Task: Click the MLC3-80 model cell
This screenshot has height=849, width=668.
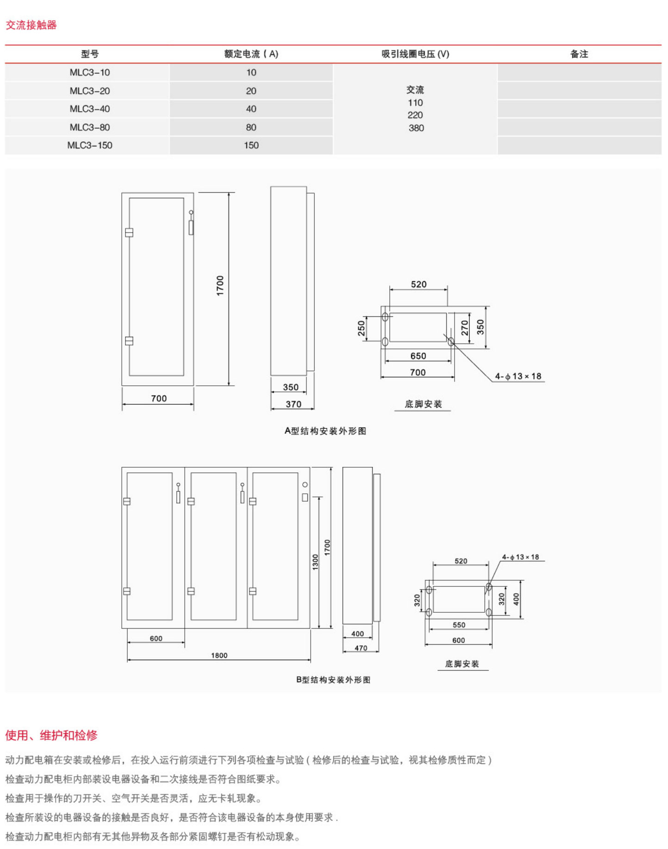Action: click(90, 127)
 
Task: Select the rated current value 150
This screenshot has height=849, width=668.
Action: click(251, 145)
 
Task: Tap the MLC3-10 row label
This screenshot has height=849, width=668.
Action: click(90, 73)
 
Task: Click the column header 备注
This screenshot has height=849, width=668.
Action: click(579, 54)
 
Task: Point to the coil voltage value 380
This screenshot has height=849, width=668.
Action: click(416, 128)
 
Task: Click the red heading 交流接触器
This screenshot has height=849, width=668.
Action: click(31, 25)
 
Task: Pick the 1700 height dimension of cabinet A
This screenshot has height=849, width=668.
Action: click(220, 285)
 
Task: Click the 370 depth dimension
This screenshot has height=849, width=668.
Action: click(293, 404)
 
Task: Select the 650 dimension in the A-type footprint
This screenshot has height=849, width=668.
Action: click(418, 356)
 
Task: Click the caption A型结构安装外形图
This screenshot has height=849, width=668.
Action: click(325, 431)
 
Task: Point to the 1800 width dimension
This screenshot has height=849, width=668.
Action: click(219, 655)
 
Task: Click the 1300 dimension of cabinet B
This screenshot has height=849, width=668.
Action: click(316, 562)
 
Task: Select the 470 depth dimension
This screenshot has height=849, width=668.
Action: click(361, 648)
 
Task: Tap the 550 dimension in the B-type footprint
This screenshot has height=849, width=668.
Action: click(459, 625)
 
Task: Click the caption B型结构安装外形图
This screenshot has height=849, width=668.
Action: click(333, 680)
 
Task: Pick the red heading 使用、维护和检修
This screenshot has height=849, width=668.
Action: click(51, 735)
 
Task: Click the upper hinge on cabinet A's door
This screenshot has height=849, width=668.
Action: click(129, 233)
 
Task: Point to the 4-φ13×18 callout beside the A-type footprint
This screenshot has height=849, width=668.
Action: click(518, 377)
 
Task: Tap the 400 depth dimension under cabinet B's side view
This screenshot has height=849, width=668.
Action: click(357, 634)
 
